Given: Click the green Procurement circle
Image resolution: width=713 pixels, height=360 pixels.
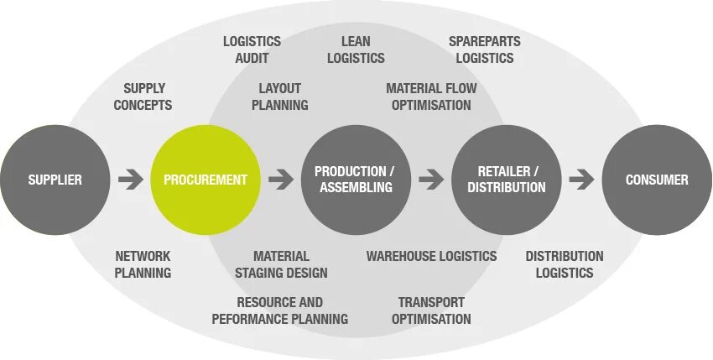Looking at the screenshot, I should tap(206, 180).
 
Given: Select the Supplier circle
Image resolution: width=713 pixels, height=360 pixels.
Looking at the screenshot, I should tap(55, 180).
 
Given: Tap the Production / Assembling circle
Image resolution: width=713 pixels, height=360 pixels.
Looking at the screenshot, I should tap(356, 180).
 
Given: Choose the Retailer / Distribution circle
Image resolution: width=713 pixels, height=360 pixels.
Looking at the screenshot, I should tap(507, 180).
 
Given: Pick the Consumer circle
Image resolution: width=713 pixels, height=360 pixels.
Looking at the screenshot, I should tap(657, 180).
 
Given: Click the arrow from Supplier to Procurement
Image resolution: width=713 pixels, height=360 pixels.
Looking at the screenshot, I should tap(130, 180).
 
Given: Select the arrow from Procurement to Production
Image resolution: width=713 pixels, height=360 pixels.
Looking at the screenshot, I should tap(281, 180).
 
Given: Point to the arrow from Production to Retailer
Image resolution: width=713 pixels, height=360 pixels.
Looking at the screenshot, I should tap(431, 180).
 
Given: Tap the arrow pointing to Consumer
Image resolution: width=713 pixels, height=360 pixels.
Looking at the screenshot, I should tap(581, 180).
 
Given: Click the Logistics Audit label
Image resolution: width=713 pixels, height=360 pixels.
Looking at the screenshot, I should tap(252, 50).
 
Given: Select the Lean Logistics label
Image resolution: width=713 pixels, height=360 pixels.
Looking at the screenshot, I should tap(356, 50).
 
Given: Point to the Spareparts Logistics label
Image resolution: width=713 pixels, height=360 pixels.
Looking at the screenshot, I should tap(484, 50).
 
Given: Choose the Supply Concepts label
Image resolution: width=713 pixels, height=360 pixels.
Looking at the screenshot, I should tap(143, 97).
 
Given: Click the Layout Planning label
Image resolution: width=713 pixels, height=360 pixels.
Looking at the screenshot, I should tap(279, 97).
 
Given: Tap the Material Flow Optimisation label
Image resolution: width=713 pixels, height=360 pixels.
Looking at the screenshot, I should tap(430, 97).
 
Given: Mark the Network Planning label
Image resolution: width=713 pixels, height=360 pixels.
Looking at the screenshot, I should tap(143, 264).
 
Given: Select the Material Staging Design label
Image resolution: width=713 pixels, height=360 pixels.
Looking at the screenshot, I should tap(281, 264).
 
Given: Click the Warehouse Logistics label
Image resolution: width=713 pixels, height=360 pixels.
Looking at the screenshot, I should tap(431, 256).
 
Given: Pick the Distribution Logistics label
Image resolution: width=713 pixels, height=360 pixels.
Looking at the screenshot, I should tap(564, 264).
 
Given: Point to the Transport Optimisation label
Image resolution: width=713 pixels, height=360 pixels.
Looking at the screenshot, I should tap(431, 310).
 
